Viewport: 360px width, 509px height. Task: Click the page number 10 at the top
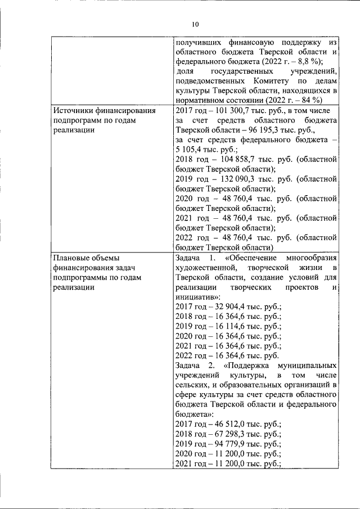pyautogui.click(x=195, y=24)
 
